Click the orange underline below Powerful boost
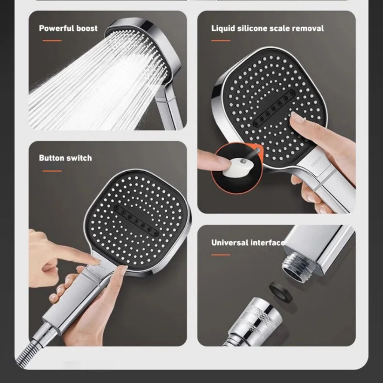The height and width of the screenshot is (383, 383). point(52,41)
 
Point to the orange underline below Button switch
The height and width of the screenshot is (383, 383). point(52,171)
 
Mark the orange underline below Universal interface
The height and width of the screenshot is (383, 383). point(221,255)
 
